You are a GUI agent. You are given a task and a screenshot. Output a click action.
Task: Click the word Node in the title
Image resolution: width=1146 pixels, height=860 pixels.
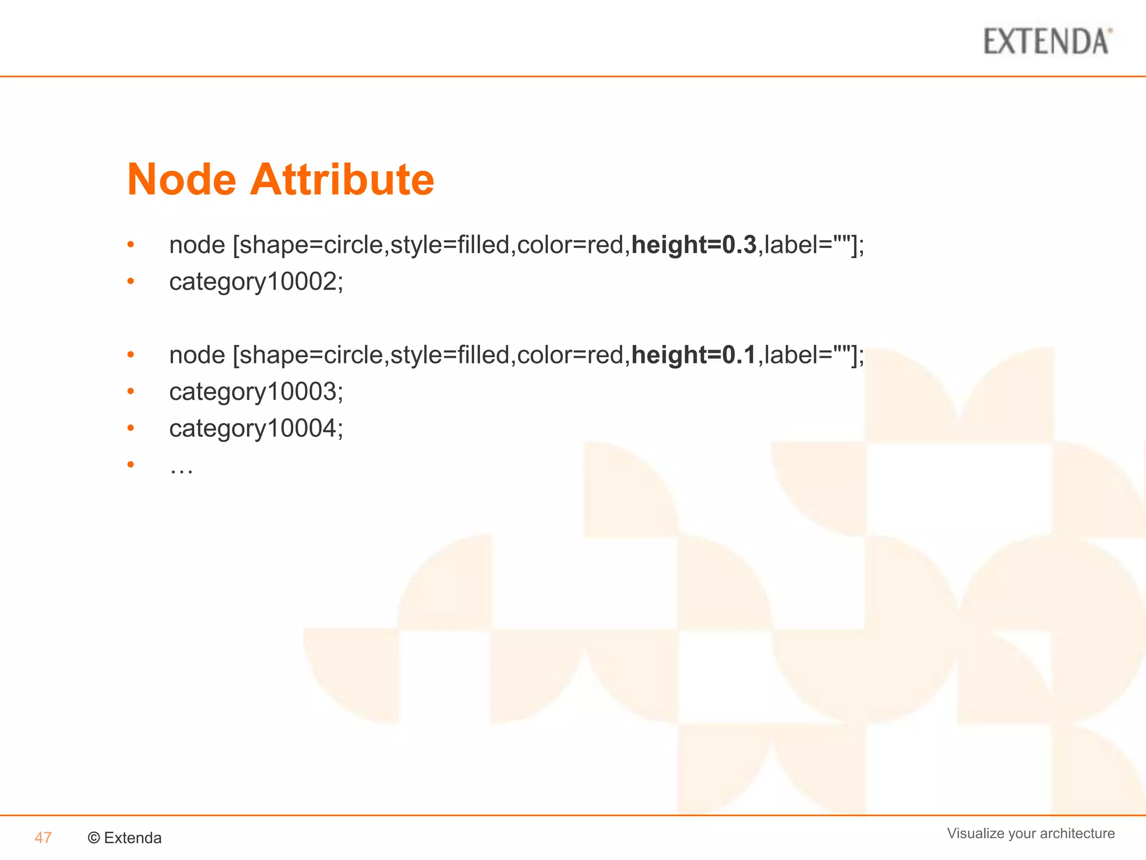tap(181, 180)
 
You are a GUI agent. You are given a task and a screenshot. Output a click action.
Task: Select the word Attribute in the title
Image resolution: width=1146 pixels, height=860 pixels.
tap(342, 180)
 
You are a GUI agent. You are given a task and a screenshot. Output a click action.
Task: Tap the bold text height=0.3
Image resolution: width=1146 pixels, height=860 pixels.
tap(694, 245)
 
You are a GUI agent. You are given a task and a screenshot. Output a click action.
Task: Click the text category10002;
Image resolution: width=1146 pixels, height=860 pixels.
tap(256, 282)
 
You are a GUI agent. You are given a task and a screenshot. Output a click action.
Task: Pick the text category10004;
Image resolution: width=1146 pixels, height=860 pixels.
tap(256, 429)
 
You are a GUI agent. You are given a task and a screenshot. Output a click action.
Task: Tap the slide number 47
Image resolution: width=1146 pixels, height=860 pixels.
tap(43, 838)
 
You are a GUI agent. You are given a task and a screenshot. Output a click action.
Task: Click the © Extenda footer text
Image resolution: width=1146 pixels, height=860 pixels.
tap(125, 838)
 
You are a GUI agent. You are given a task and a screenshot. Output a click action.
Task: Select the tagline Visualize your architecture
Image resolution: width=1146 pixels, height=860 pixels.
tap(1031, 833)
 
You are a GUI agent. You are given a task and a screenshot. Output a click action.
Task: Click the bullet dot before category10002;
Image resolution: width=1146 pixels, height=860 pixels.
tap(130, 281)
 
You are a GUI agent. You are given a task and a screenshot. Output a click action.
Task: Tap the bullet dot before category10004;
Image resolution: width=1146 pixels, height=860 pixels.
tap(130, 428)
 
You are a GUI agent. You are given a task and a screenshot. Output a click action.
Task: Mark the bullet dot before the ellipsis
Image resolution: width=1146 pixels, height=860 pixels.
tap(130, 464)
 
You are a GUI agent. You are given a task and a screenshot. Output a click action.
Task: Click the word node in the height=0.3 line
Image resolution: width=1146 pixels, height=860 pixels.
tap(197, 245)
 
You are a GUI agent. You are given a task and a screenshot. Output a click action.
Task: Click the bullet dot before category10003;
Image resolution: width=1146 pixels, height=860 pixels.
tap(130, 391)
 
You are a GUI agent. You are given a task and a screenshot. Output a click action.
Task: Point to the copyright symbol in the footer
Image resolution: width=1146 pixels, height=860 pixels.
tap(94, 838)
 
